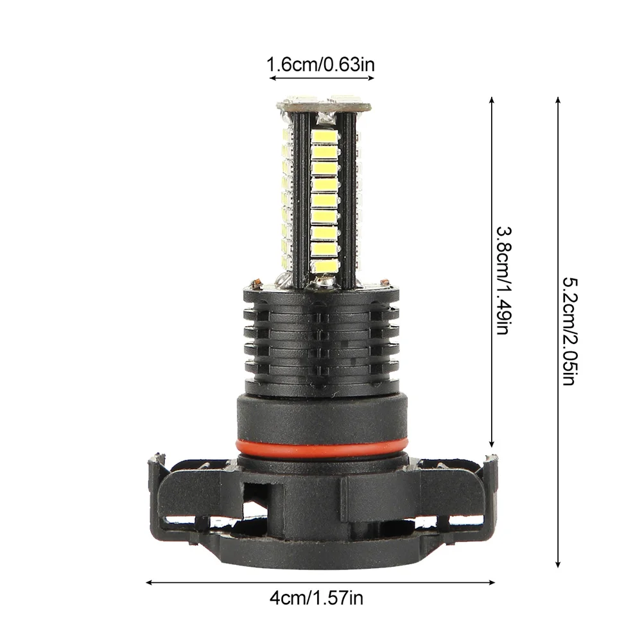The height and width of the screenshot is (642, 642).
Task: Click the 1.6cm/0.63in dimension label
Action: [x=320, y=64]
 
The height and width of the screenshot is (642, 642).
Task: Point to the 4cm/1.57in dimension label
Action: [x=316, y=598]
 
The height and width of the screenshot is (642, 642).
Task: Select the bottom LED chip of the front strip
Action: [x=325, y=266]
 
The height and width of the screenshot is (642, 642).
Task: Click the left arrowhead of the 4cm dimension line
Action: [x=149, y=582]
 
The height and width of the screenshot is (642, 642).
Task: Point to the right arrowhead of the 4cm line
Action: [x=492, y=582]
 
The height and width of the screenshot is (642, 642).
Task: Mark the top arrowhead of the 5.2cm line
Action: [x=558, y=100]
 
